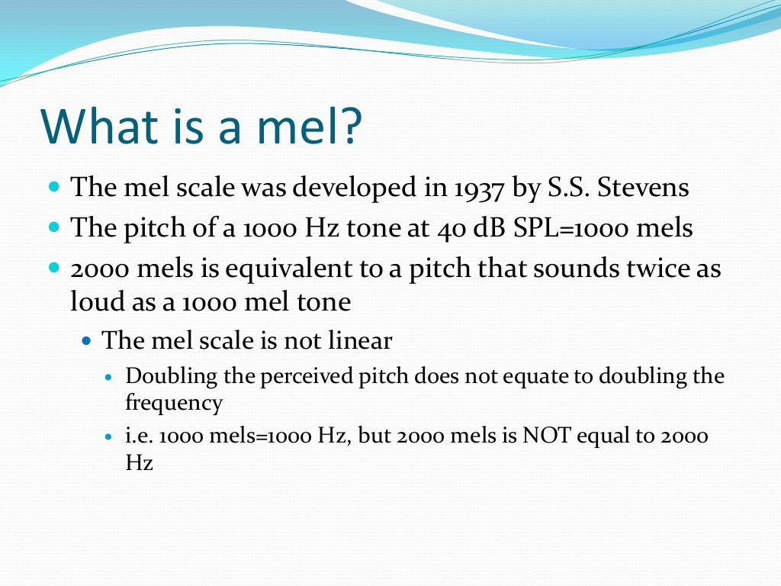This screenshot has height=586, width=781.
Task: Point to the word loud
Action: [x=91, y=302]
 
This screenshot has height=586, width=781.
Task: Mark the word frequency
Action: [x=174, y=402]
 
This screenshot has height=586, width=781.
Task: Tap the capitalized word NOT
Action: [x=544, y=436]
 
